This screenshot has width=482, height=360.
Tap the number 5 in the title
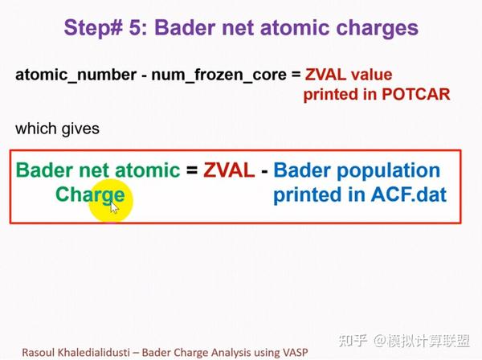click(139, 28)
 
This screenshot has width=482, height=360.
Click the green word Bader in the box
click(43, 170)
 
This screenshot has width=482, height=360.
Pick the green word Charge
click(90, 194)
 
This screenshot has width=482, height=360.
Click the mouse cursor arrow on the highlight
click(114, 207)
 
